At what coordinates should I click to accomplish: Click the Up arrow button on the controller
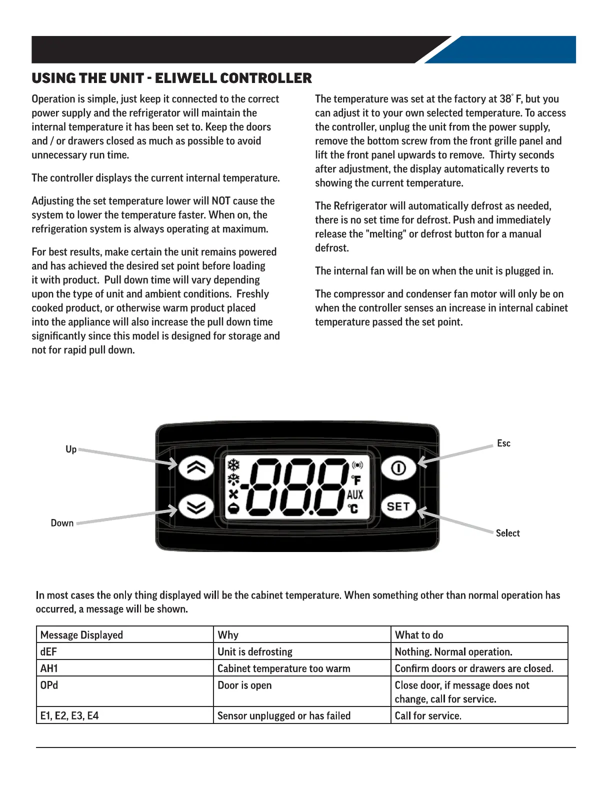[x=196, y=468]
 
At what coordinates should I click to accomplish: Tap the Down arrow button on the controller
[x=196, y=507]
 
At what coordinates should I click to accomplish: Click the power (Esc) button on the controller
[x=398, y=468]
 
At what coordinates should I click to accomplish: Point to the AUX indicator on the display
[x=355, y=495]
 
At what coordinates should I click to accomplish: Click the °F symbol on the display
[x=355, y=480]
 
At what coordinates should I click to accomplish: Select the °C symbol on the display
[x=353, y=509]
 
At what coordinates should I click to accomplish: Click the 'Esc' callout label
[x=503, y=443]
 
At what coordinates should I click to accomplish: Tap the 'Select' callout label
[x=507, y=533]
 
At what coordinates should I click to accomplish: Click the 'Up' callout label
[x=71, y=449]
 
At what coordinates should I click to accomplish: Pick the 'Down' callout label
[x=62, y=523]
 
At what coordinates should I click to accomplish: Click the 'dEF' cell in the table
[x=48, y=651]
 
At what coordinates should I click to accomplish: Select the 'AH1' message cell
[x=49, y=668]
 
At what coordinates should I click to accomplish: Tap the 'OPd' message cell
[x=49, y=685]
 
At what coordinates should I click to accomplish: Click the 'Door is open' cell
[x=244, y=685]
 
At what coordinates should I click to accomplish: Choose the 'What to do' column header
[x=419, y=635]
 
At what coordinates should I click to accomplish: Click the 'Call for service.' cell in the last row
[x=428, y=715]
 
